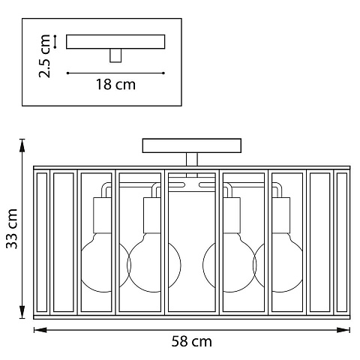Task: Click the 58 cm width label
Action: tap(191, 341)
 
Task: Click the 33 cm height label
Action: tap(12, 229)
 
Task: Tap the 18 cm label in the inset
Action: tap(115, 84)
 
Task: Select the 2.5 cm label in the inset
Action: tap(45, 56)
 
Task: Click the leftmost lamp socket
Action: tap(103, 215)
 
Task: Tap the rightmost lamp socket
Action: tap(281, 215)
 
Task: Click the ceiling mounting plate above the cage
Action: tap(192, 145)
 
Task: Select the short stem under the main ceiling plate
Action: tap(192, 159)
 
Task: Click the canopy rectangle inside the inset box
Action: tap(115, 41)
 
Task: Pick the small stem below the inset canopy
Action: tap(115, 55)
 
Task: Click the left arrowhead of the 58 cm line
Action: tap(40, 330)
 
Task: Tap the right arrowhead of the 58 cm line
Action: tap(343, 330)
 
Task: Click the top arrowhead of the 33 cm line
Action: tap(22, 145)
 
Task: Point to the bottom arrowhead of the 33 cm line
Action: tap(22, 312)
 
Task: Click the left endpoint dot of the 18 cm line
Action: tap(67, 73)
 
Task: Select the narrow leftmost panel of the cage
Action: tap(42, 242)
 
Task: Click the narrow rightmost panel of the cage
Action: tap(342, 242)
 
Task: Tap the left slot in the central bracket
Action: tap(176, 185)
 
